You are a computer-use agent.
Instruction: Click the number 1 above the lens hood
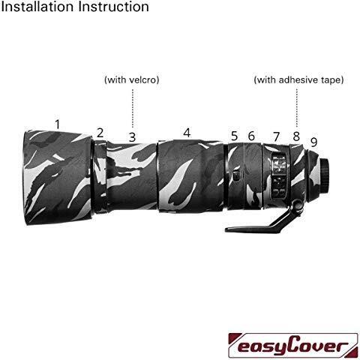point(58,124)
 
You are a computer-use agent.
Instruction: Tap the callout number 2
point(100,133)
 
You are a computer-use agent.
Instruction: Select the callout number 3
point(132,137)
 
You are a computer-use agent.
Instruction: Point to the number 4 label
point(187,133)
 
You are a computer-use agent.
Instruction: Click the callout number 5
point(234,136)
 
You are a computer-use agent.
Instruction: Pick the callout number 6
point(251,136)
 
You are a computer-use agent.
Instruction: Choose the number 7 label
point(276,136)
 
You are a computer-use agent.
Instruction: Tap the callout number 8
point(296,136)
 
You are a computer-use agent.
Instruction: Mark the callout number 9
point(313,142)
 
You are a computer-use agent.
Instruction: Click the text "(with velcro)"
point(132,80)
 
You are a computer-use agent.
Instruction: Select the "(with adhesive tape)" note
point(298,80)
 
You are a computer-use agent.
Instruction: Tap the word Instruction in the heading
point(114,7)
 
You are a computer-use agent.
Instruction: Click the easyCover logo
point(293,346)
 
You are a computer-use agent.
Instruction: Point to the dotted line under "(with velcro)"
point(133,109)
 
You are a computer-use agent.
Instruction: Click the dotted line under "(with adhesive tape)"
point(297,108)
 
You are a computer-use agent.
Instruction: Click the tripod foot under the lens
point(253,226)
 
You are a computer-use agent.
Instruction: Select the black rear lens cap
point(325,175)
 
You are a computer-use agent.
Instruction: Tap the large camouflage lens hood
point(58,176)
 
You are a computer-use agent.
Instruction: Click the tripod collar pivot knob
point(298,205)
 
